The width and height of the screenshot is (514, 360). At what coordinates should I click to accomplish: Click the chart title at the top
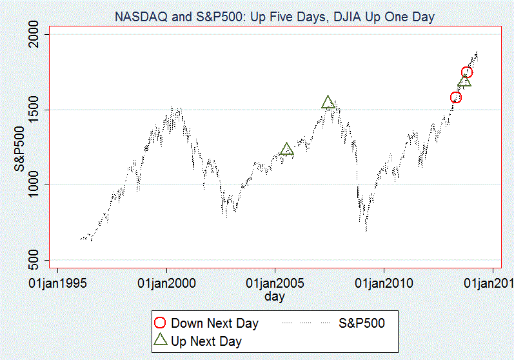(274, 17)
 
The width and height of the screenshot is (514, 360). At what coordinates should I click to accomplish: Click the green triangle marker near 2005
(287, 150)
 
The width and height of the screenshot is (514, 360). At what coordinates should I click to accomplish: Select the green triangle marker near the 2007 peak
(328, 102)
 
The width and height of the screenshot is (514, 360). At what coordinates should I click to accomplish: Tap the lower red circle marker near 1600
(456, 97)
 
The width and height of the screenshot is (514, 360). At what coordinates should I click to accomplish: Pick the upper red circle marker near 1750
(467, 72)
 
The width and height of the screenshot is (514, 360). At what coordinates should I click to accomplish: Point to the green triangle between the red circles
(464, 81)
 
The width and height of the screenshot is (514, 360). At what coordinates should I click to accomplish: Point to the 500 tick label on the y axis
(41, 260)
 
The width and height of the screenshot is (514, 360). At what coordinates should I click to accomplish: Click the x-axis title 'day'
(275, 297)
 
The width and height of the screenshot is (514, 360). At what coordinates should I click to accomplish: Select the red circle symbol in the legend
(161, 323)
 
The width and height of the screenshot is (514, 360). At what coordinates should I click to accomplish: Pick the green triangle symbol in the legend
(161, 340)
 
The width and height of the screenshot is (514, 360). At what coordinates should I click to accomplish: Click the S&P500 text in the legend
(361, 323)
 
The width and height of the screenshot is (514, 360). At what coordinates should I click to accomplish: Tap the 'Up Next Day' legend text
(206, 341)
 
